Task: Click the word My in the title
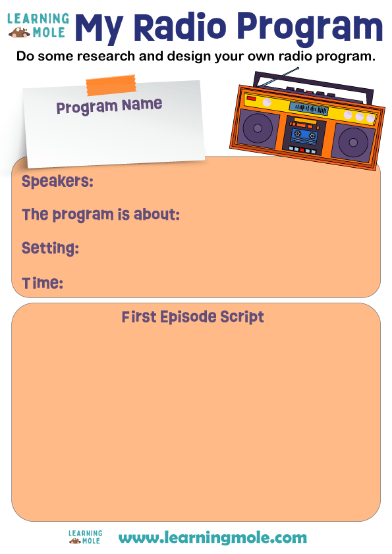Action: (x=99, y=28)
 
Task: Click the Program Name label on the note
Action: (x=109, y=105)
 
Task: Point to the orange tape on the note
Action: (x=111, y=85)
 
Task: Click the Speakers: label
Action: (x=57, y=182)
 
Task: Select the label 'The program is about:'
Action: (x=101, y=215)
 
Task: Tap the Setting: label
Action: (x=50, y=249)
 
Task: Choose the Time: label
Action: (x=42, y=284)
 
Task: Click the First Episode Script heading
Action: (x=192, y=317)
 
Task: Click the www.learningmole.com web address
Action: (x=212, y=538)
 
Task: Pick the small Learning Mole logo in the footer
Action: (x=85, y=537)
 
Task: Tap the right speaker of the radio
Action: (x=352, y=141)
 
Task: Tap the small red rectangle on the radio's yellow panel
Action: (x=251, y=98)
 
